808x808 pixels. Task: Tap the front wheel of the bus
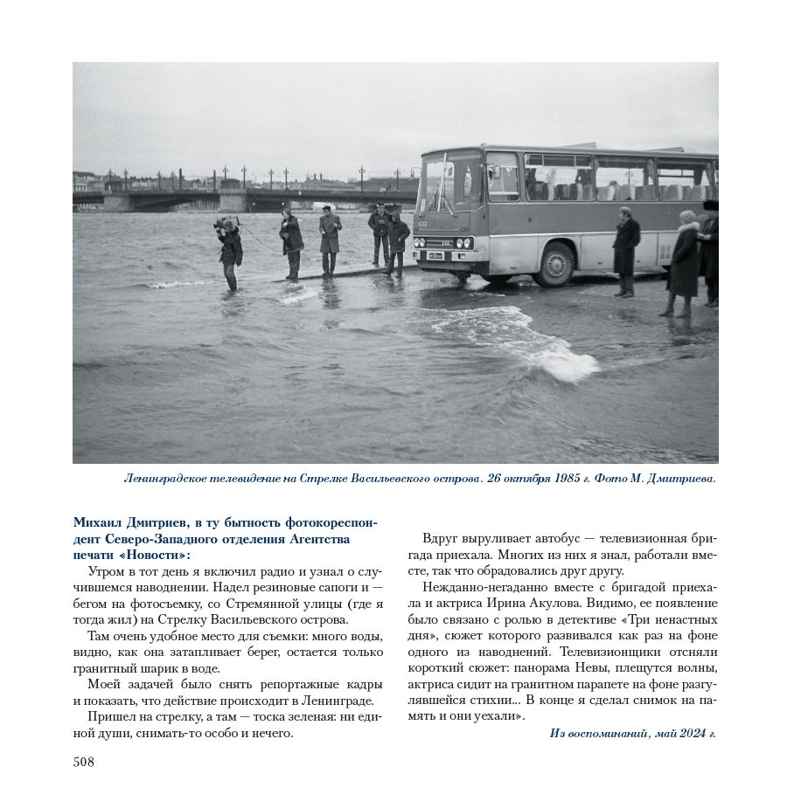pyautogui.click(x=554, y=265)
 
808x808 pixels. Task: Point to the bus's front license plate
pyautogui.click(x=435, y=256)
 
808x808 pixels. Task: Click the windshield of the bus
pyautogui.click(x=451, y=186)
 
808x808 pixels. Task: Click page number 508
pyautogui.click(x=84, y=762)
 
